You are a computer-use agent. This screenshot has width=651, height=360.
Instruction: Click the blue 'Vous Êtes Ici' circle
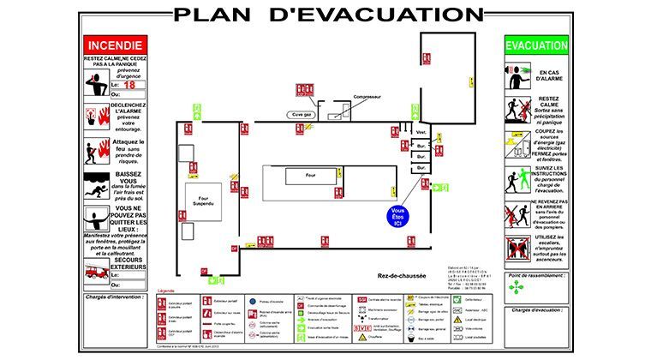(397, 216)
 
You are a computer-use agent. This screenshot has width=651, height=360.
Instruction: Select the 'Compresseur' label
(367, 97)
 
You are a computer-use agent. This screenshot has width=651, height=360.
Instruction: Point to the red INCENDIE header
(115, 45)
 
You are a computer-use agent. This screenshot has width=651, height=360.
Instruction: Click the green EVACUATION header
(536, 45)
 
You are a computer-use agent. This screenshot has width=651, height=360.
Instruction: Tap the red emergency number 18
(129, 85)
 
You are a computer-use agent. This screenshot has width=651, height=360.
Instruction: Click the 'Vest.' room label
(421, 133)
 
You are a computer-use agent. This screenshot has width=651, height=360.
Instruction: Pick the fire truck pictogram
(95, 273)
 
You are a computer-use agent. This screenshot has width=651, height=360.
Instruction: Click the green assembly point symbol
(515, 287)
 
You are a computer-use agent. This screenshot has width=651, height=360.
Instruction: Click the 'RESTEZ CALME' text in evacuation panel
(548, 104)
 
